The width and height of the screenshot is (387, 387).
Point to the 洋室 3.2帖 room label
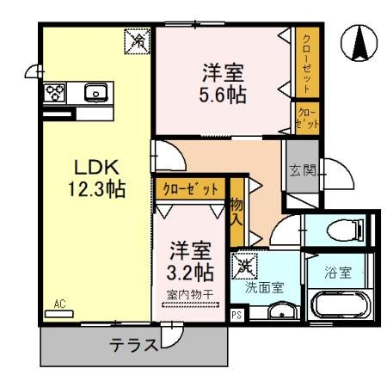[190, 262]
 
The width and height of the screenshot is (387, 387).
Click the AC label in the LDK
[59, 304]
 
